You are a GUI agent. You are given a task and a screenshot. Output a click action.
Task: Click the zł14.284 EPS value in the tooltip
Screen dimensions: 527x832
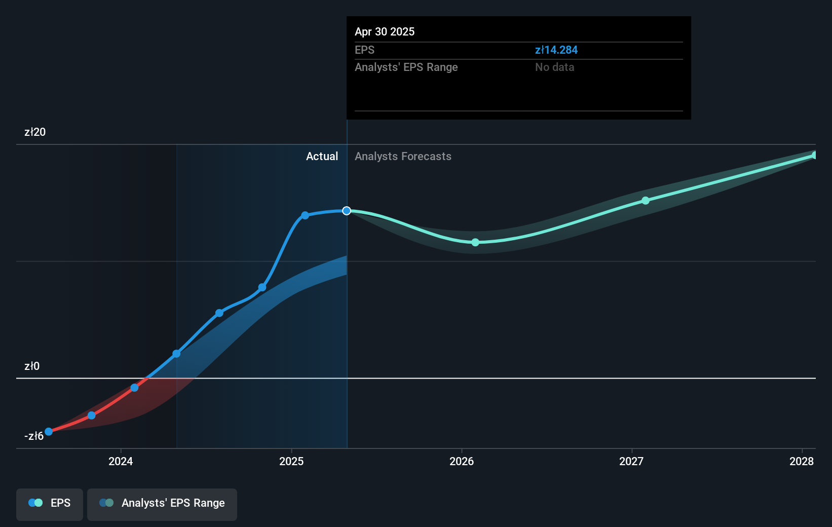[x=556, y=50]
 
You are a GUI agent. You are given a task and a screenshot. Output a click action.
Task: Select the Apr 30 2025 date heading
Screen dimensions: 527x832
[x=385, y=31]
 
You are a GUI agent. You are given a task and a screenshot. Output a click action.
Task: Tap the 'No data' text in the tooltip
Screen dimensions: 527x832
[x=554, y=67]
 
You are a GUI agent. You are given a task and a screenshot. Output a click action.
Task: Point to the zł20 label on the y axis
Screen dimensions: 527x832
[x=35, y=132]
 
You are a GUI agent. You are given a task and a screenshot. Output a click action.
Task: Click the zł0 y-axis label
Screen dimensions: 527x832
[x=32, y=366]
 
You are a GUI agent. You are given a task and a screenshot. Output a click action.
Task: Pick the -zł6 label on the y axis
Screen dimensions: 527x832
[x=33, y=436]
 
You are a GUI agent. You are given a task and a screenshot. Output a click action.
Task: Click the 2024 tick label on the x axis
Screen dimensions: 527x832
[x=121, y=461]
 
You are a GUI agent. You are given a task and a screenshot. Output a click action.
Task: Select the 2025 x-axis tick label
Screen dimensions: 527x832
[x=291, y=461]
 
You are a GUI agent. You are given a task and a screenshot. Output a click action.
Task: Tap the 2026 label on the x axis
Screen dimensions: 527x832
[x=462, y=461]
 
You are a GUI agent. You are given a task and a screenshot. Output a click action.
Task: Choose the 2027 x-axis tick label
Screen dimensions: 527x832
[x=631, y=461]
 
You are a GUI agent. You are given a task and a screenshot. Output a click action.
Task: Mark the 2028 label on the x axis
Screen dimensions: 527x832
[x=802, y=461]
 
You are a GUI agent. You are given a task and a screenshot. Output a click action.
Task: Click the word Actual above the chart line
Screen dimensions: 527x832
[x=322, y=156]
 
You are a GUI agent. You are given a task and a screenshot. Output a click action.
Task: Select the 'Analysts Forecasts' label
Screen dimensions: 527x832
[x=403, y=156]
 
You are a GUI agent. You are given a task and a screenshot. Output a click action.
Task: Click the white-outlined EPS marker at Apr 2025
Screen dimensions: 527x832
[x=347, y=211]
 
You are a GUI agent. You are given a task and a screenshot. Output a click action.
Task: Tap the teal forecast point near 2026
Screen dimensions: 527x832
[x=475, y=242]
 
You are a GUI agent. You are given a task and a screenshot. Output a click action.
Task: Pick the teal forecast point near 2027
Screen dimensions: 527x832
[x=646, y=201]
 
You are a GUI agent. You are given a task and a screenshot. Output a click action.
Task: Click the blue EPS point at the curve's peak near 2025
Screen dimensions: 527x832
[x=305, y=215]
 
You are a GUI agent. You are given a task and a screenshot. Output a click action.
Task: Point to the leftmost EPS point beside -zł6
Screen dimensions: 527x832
[x=49, y=432]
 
